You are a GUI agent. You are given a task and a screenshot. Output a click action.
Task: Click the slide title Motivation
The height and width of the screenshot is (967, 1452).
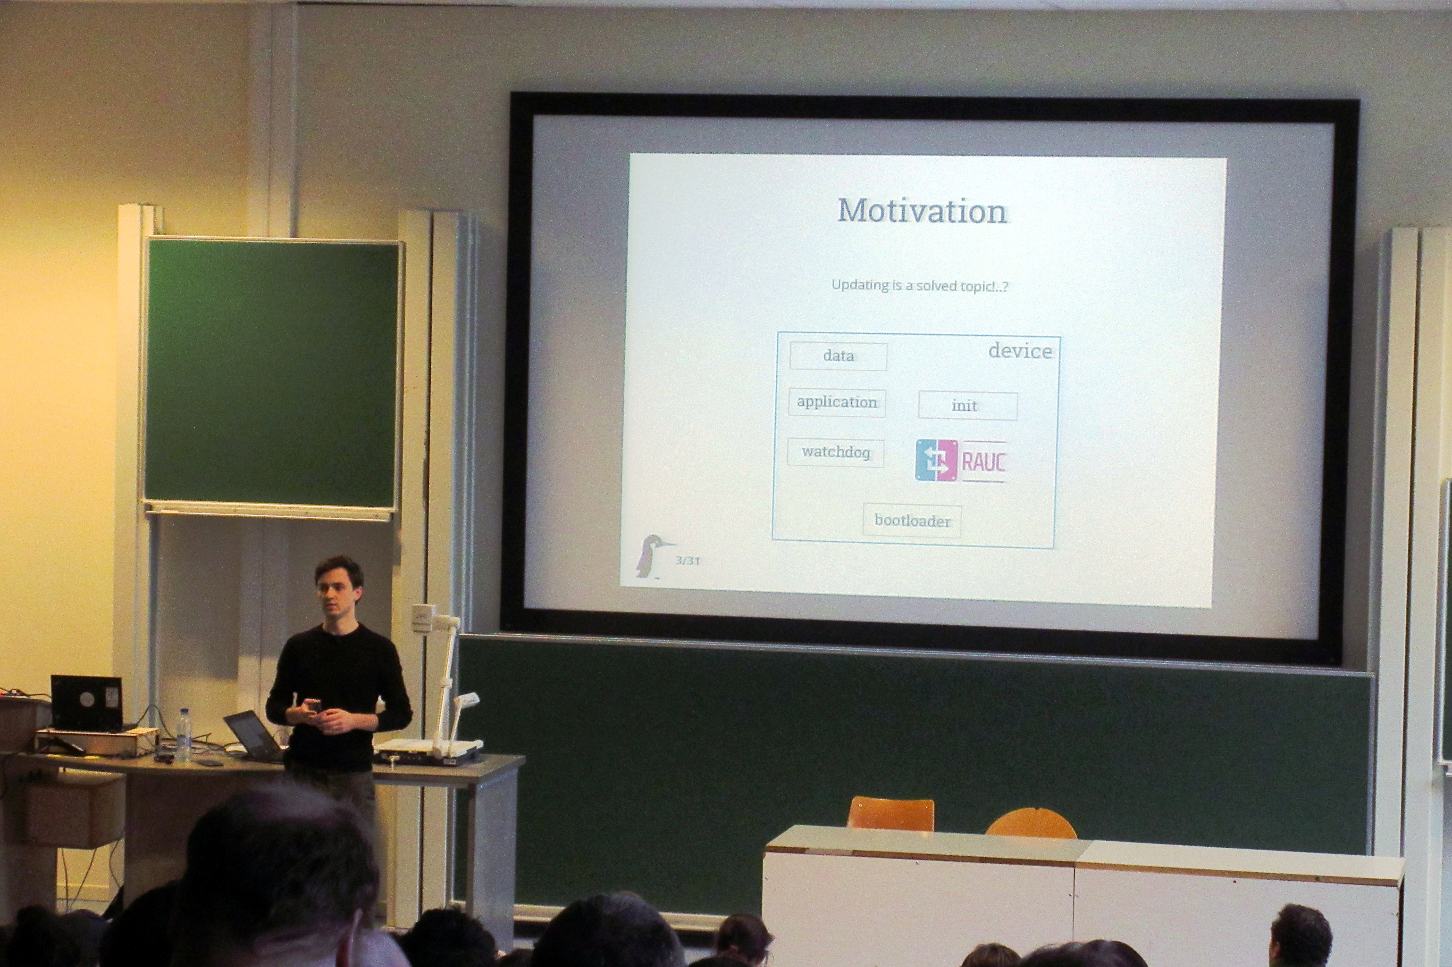click(923, 212)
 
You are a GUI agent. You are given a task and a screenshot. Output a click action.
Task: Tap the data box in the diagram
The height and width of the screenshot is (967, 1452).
click(838, 356)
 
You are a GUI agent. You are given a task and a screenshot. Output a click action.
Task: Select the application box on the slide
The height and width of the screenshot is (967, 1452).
click(837, 403)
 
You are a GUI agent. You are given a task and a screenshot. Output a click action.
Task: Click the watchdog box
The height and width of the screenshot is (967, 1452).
click(836, 452)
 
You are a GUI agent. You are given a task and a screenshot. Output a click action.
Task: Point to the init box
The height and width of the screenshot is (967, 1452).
click(967, 406)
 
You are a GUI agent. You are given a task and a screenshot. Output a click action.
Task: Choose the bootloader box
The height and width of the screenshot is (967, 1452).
click(912, 521)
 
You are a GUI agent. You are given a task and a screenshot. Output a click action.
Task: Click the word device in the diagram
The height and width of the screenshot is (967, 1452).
click(1020, 351)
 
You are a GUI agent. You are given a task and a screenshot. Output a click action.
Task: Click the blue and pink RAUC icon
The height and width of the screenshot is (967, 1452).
click(937, 460)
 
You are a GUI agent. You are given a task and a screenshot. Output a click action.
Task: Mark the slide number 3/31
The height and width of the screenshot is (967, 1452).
click(688, 561)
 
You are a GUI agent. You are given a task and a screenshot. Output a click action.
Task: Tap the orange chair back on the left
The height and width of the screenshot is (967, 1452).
click(890, 813)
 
